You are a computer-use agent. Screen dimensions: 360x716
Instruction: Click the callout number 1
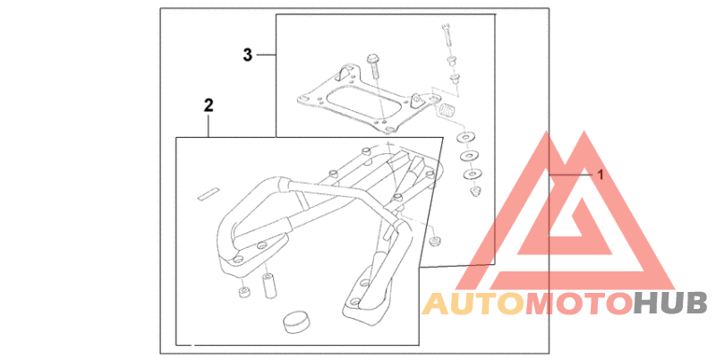click(x=601, y=176)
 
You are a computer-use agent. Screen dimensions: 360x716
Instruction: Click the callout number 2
click(x=209, y=106)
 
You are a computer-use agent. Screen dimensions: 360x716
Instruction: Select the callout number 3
click(x=248, y=56)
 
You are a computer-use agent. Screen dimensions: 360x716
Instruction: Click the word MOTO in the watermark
click(x=578, y=304)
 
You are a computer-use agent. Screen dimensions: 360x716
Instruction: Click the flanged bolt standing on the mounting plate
click(x=374, y=64)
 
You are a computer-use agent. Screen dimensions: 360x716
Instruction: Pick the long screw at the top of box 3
click(x=447, y=39)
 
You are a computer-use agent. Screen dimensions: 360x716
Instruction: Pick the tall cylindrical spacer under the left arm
click(x=268, y=286)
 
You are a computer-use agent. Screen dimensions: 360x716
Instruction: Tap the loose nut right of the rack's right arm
click(x=434, y=241)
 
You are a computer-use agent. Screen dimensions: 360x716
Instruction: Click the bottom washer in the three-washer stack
click(x=473, y=172)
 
